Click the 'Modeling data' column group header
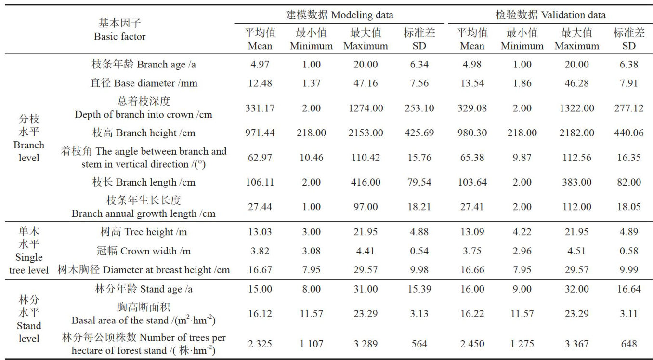click(x=340, y=15)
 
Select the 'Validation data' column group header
click(x=550, y=15)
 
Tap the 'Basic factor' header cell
click(x=119, y=29)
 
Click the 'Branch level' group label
click(x=28, y=138)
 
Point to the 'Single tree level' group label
click(x=28, y=251)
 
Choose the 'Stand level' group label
click(x=28, y=319)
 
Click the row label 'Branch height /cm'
click(x=144, y=133)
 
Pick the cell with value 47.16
click(x=366, y=83)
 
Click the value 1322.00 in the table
click(x=576, y=108)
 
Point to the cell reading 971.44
click(x=260, y=133)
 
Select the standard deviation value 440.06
click(x=628, y=133)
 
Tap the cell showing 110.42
click(x=366, y=157)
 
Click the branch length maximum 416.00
click(x=366, y=182)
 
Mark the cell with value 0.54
click(x=419, y=251)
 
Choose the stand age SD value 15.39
click(x=419, y=289)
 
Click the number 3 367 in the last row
click(x=576, y=344)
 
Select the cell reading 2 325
click(x=260, y=344)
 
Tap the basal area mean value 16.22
click(x=472, y=314)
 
